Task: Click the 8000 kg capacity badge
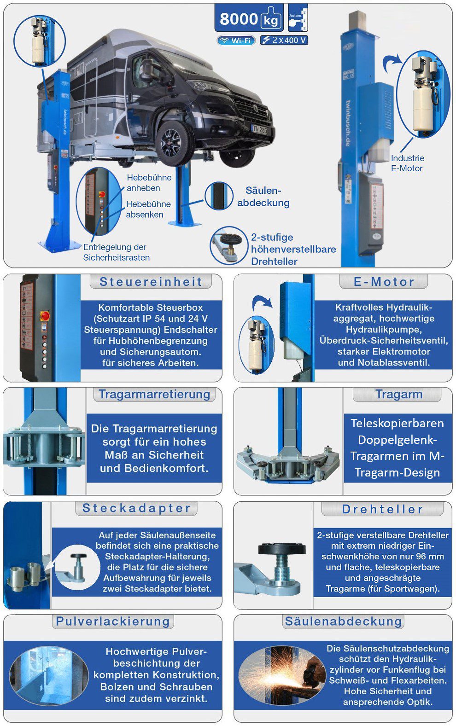pos(249,19)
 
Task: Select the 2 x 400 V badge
pos(284,40)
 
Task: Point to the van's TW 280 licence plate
pos(259,130)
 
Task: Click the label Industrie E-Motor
pos(407,163)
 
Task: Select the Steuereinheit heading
pos(151,282)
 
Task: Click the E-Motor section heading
pos(384,282)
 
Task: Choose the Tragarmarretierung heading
pos(154,395)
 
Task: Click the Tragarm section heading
pos(398,395)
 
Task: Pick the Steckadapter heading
pos(136,508)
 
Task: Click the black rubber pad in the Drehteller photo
pos(281,549)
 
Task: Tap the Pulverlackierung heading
pos(113,621)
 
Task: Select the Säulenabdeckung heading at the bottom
pos(343,621)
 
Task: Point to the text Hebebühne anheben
pos(149,183)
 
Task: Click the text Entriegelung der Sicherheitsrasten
pos(116,252)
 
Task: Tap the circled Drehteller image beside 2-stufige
pos(228,245)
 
